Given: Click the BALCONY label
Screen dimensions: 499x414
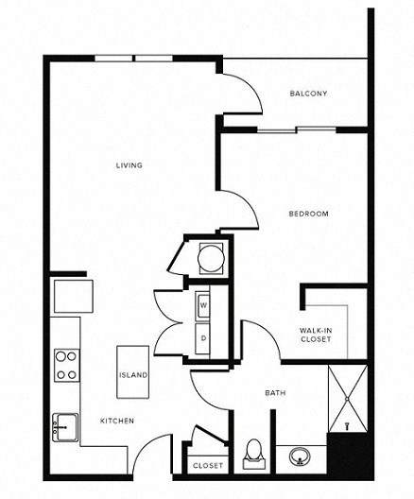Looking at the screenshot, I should (309, 93).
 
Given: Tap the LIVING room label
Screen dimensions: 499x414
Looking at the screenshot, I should (129, 165).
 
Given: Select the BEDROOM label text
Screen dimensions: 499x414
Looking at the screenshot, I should (308, 214).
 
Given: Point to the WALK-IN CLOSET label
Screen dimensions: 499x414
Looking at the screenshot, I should (316, 334).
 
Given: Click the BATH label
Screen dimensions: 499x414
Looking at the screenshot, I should (275, 393).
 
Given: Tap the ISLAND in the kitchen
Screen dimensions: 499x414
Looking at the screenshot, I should (132, 375).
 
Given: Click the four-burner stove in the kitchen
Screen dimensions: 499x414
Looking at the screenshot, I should (66, 365).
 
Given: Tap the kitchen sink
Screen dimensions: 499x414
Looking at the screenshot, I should (65, 424).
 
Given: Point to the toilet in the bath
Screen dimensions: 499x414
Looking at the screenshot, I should (253, 454).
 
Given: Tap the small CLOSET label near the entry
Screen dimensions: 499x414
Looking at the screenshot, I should (208, 466).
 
